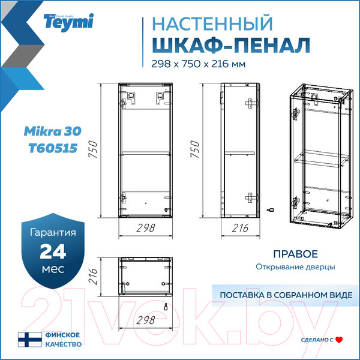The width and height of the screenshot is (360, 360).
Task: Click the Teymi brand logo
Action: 68,22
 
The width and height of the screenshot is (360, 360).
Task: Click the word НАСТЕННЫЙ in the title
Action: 212,23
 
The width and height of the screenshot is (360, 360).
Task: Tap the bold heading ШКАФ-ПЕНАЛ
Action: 231,45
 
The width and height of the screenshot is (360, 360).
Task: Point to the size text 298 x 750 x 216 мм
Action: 199,64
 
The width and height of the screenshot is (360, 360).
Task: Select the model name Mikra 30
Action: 53,131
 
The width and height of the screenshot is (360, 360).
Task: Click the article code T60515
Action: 53,148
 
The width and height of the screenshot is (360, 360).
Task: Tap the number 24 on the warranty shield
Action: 53,251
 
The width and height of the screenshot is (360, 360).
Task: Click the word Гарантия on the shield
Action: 53,232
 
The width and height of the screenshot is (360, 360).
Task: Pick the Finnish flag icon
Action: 30,340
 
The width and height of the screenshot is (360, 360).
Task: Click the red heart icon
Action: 339,340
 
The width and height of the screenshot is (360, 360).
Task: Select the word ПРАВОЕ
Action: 295,254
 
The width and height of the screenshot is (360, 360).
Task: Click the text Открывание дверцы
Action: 295,267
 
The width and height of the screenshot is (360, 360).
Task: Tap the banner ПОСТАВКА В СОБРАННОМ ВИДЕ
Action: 286,295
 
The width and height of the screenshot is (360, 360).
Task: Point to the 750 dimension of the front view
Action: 93,149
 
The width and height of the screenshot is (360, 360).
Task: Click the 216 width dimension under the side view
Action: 240,228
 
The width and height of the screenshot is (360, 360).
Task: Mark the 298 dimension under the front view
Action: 146,228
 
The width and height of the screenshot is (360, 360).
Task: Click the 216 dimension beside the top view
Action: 93,277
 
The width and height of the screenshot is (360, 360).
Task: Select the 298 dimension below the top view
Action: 146,320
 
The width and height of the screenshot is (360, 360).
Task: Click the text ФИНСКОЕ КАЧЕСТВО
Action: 64,340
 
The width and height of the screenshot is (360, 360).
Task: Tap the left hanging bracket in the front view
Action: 131,98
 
